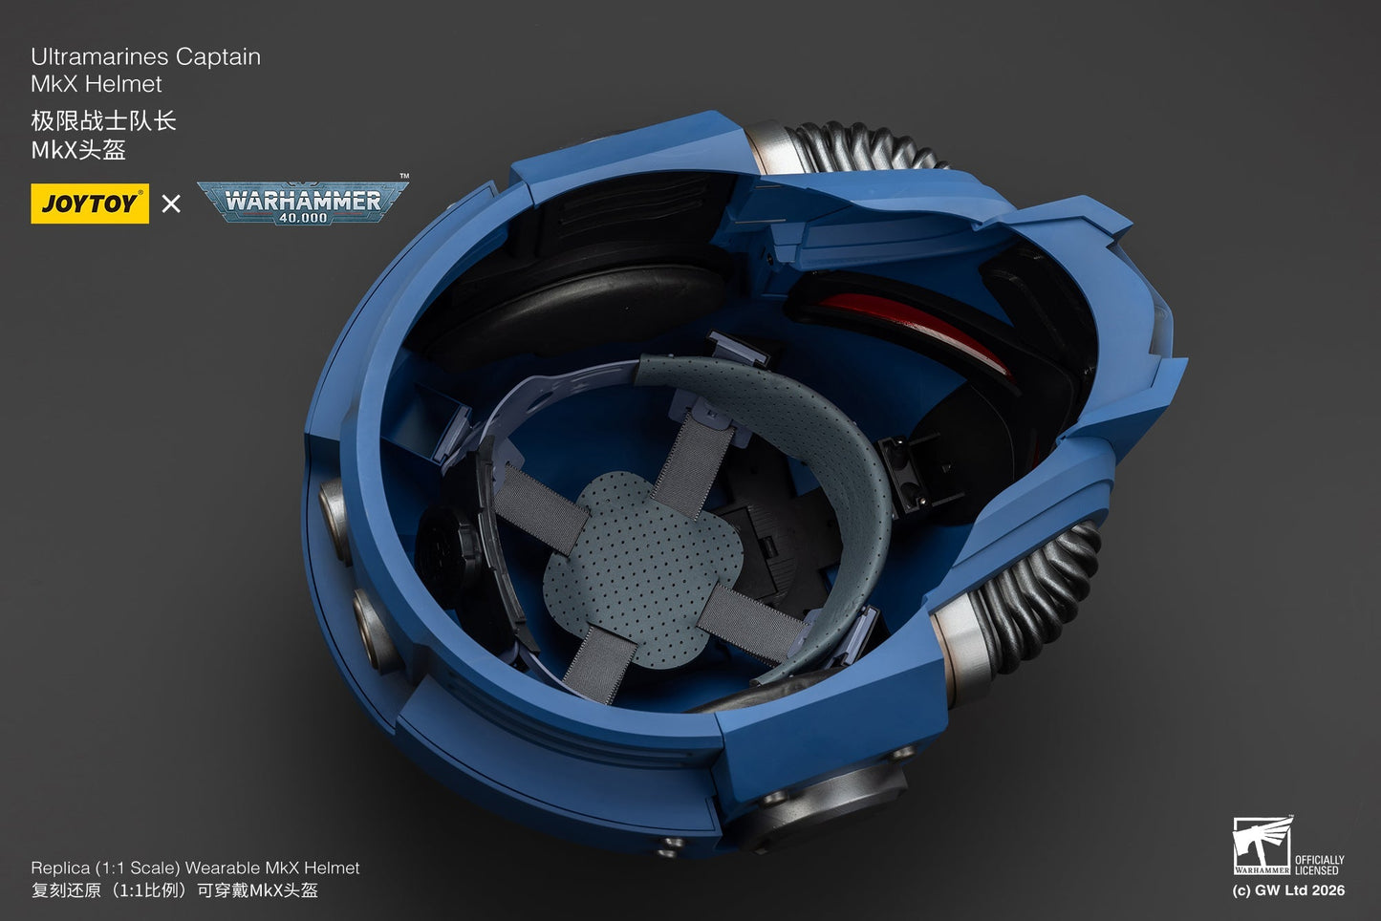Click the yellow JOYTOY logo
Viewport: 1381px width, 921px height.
(90, 203)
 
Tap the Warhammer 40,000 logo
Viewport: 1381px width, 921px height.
(303, 202)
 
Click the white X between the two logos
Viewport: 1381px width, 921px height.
(171, 203)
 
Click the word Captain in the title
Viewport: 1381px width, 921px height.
(218, 56)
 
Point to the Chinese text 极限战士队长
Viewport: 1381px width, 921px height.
(103, 121)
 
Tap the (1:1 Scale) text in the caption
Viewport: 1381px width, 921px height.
(134, 867)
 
